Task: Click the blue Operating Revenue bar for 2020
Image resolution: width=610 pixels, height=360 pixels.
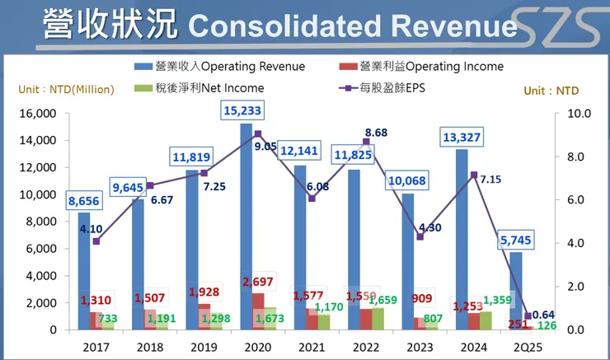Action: [x=246, y=222]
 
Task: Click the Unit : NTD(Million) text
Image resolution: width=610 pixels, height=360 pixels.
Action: [x=66, y=89]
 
